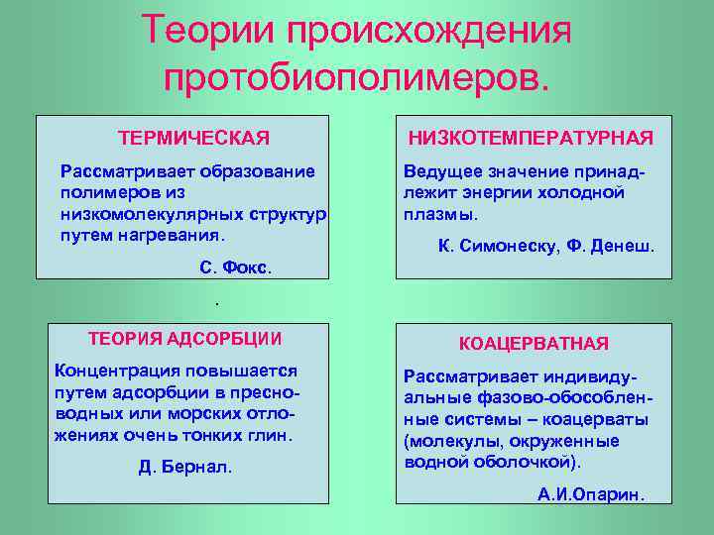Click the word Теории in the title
coord(205,29)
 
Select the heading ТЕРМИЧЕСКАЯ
coord(193,136)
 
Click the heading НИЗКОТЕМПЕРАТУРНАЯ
coord(532,137)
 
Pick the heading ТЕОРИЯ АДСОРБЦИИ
coord(185,339)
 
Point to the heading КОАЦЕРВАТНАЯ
coord(534,344)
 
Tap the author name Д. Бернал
coord(185,467)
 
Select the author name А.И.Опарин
coord(591,493)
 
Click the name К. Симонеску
coord(492,245)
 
